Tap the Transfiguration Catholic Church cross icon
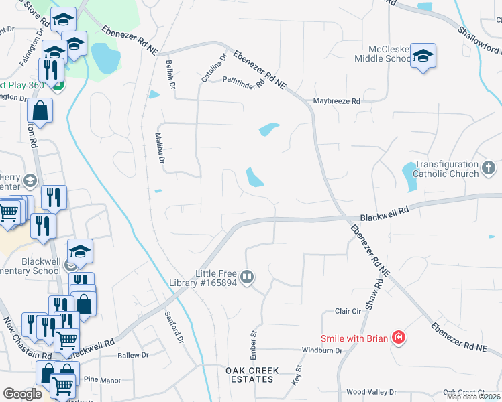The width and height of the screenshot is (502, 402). (489, 166)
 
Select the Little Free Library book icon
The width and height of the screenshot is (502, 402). (247, 277)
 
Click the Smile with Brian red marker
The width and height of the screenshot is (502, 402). (398, 338)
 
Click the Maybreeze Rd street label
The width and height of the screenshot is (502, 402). (337, 101)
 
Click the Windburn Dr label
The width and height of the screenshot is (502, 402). (322, 350)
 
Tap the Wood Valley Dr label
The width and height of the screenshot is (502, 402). (371, 392)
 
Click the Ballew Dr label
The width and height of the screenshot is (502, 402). (132, 355)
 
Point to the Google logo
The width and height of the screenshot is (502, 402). (22, 394)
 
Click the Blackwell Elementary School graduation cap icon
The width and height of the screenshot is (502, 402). (80, 251)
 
